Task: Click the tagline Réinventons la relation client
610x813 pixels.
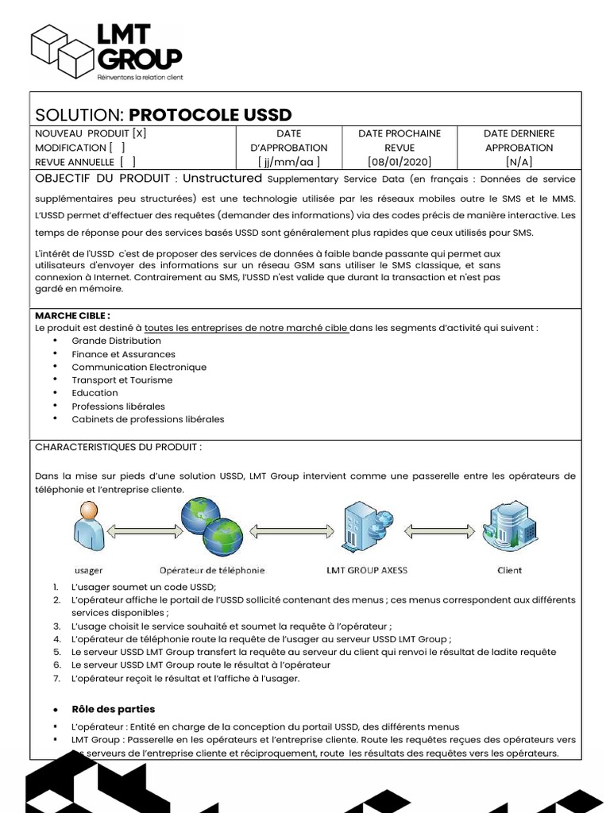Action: click(139, 77)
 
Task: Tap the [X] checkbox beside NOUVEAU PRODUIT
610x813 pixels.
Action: click(139, 133)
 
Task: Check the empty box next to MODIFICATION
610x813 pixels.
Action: click(117, 148)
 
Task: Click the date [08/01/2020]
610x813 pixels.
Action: click(399, 161)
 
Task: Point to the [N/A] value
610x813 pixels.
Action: click(519, 161)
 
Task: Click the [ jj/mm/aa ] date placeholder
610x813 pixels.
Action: click(288, 161)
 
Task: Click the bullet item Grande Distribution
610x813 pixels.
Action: click(116, 341)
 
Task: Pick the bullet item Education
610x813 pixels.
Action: click(95, 393)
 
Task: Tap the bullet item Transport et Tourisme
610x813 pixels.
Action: click(122, 380)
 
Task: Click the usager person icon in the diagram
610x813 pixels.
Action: click(87, 530)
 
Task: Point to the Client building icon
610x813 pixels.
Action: click(509, 527)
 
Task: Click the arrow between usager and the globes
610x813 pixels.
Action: click(140, 530)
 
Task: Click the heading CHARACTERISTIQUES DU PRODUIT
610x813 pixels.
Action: click(118, 447)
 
